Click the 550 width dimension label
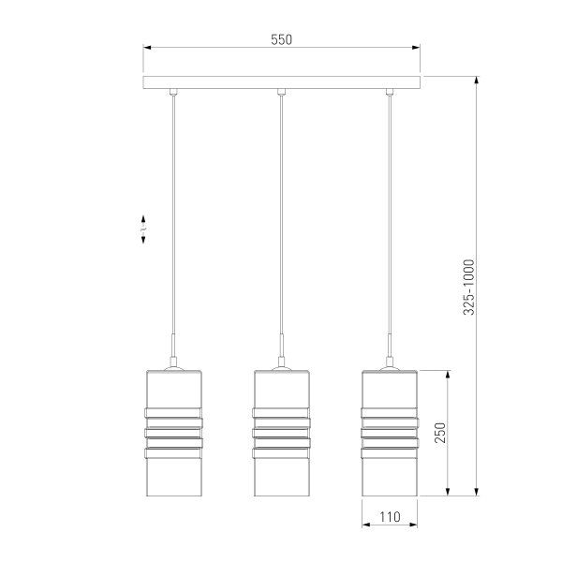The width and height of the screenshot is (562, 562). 281,39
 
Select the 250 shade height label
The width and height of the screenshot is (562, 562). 438,432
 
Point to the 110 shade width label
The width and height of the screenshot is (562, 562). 389,516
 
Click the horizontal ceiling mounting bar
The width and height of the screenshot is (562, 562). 281,82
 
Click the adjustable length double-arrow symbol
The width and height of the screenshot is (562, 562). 142,229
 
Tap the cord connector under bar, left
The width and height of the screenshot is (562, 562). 173,92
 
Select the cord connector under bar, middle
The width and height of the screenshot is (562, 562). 281,92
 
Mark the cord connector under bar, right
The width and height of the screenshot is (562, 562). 389,92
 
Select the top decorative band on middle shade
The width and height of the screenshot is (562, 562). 281,413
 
